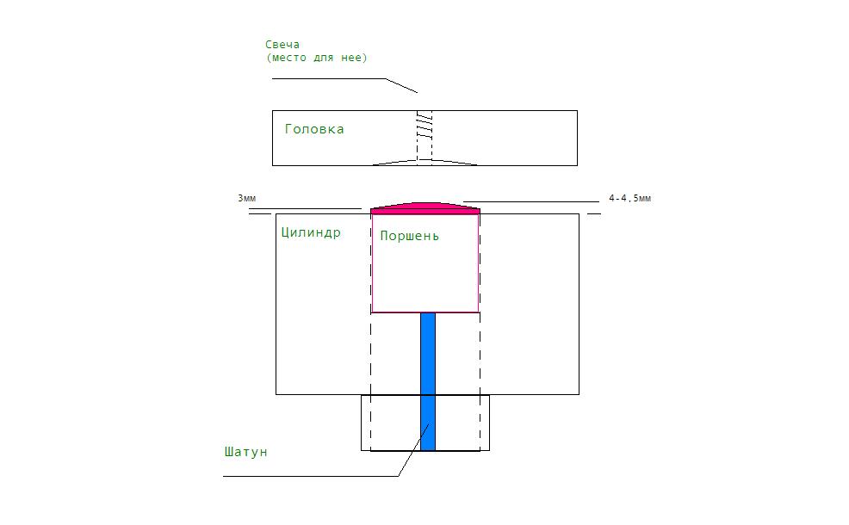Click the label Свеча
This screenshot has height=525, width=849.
click(x=282, y=45)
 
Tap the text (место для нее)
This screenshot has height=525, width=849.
click(x=317, y=58)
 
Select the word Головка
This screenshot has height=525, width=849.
click(x=314, y=129)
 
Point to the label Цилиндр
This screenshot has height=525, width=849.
click(x=311, y=232)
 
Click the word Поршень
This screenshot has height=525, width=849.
click(x=409, y=236)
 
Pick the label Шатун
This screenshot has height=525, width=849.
click(x=245, y=452)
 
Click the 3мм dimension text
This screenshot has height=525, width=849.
click(x=247, y=199)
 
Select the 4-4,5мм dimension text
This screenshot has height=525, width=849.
click(x=629, y=199)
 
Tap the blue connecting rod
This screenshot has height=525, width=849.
click(x=428, y=381)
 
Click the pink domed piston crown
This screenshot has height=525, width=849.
click(x=425, y=208)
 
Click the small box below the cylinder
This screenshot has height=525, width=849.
click(x=425, y=423)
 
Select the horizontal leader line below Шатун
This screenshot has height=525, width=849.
click(x=310, y=476)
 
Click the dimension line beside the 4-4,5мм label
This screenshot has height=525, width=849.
click(x=531, y=202)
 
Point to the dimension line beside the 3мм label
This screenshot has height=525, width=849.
click(x=306, y=208)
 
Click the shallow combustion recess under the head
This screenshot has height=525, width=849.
click(x=424, y=163)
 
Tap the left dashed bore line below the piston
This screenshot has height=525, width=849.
click(x=371, y=381)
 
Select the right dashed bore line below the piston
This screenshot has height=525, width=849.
click(x=480, y=381)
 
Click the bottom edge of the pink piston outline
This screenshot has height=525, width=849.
click(x=425, y=312)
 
